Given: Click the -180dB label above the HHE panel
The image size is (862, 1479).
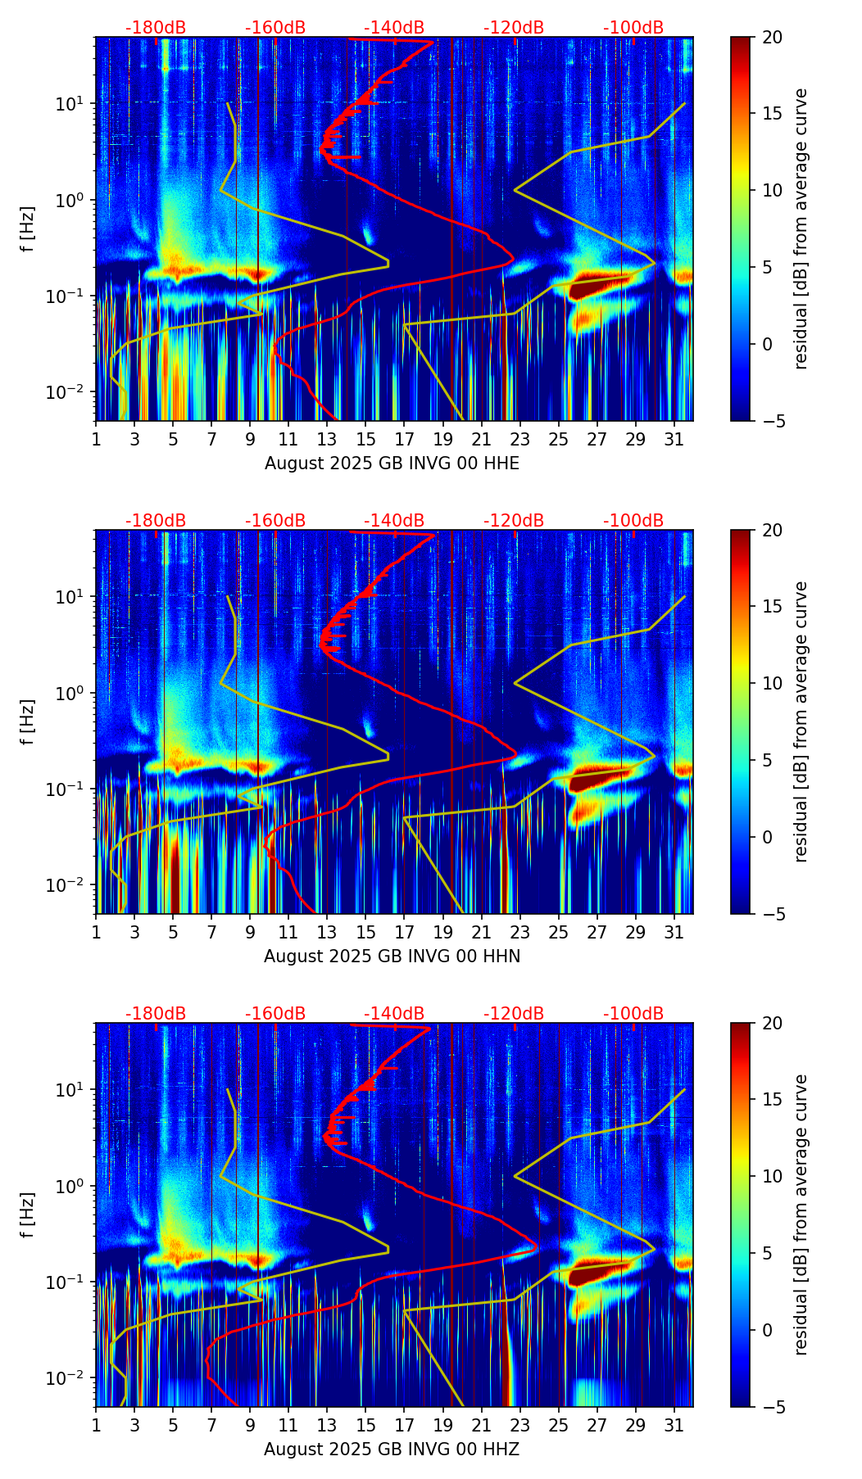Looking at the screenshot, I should click(x=156, y=28).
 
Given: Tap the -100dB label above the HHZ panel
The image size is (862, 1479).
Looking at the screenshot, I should click(x=633, y=1014).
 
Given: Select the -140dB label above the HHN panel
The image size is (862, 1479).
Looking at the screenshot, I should click(x=394, y=521).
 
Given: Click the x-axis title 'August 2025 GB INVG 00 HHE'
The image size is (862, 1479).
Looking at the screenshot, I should click(x=392, y=464).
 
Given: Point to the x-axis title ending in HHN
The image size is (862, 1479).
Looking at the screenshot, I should click(x=392, y=957).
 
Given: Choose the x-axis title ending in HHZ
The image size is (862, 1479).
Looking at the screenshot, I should click(x=392, y=1450).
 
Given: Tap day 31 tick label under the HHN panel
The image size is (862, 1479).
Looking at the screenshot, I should click(x=674, y=932).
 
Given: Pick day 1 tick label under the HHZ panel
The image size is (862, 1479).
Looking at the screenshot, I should click(x=96, y=1425).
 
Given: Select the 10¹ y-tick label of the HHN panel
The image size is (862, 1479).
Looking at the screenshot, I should click(x=70, y=596).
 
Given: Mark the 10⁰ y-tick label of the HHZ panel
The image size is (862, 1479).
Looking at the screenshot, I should click(x=70, y=1186).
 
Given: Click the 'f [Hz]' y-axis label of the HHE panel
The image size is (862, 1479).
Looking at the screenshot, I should click(x=28, y=228).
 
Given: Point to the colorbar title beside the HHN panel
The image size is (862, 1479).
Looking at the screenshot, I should click(x=801, y=721).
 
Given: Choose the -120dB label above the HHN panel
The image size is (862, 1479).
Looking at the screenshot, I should click(x=514, y=521).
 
